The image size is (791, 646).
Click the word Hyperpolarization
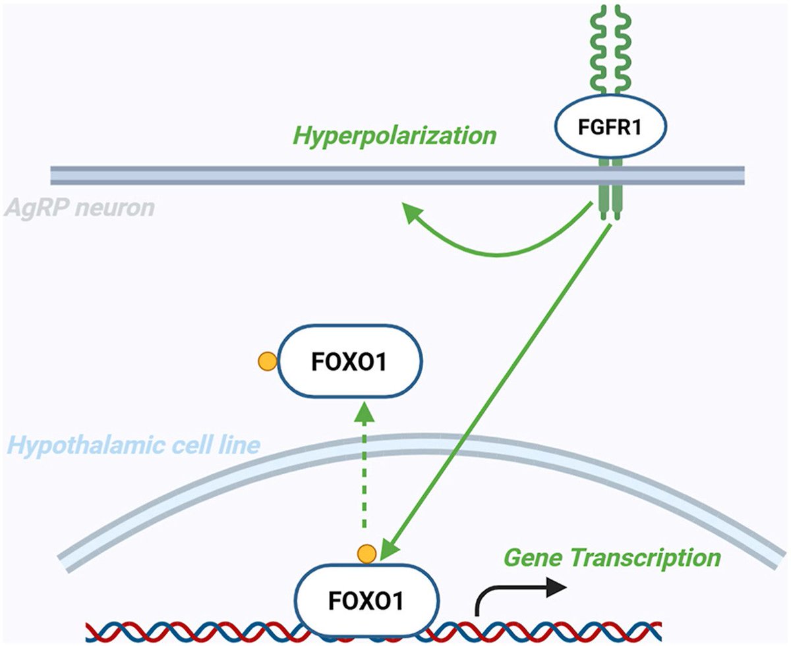[394, 136]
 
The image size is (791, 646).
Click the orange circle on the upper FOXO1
[267, 361]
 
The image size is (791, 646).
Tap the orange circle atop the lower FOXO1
[366, 554]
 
